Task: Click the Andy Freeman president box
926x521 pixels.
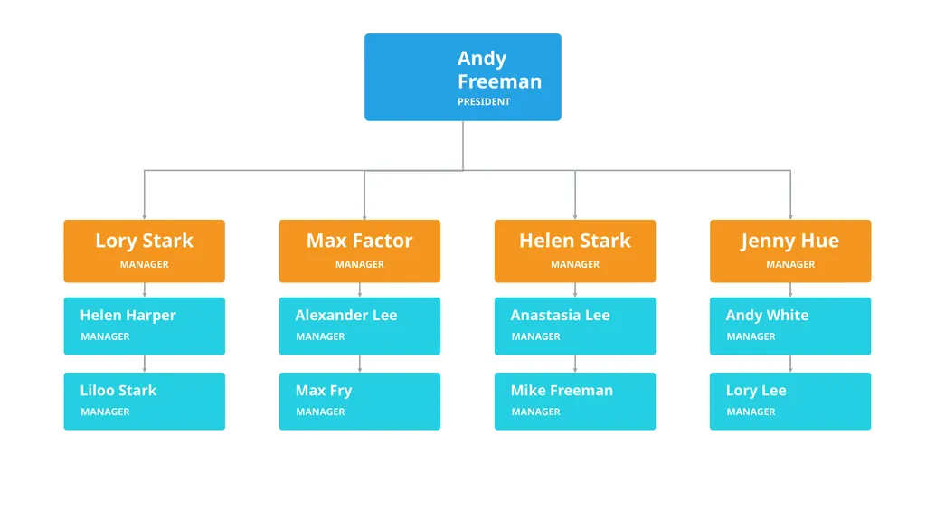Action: (463, 78)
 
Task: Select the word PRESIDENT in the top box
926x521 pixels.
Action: (484, 101)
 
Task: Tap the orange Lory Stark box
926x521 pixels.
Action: (144, 251)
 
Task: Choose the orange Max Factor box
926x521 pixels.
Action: (360, 251)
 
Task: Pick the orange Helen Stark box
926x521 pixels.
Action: (575, 251)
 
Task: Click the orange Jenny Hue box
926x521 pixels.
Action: (790, 251)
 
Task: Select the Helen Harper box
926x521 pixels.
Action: (144, 326)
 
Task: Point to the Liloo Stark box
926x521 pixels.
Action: (144, 401)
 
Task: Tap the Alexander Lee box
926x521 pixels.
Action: (360, 326)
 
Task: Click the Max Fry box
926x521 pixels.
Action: (360, 401)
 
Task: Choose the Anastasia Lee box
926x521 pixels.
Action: (575, 326)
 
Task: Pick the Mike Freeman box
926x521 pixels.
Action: (575, 401)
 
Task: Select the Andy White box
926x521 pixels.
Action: (790, 326)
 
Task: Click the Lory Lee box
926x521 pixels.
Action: (790, 401)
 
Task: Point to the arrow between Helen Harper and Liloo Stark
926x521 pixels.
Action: (144, 364)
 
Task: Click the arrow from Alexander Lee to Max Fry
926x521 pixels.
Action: (360, 364)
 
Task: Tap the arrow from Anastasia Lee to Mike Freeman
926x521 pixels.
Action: (575, 364)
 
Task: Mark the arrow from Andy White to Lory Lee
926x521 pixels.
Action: (790, 364)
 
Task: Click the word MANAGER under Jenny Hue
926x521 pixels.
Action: (790, 264)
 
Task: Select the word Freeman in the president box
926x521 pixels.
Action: (499, 81)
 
